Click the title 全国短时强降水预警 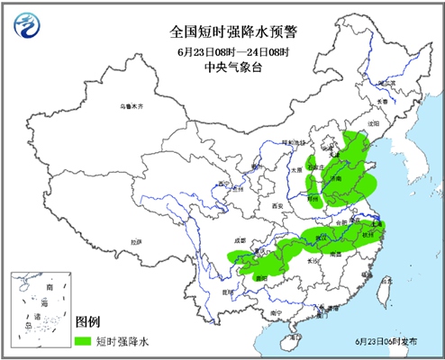coord(233,32)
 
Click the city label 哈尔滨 coord(386,83)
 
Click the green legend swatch coord(85,342)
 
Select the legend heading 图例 coord(87,321)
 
